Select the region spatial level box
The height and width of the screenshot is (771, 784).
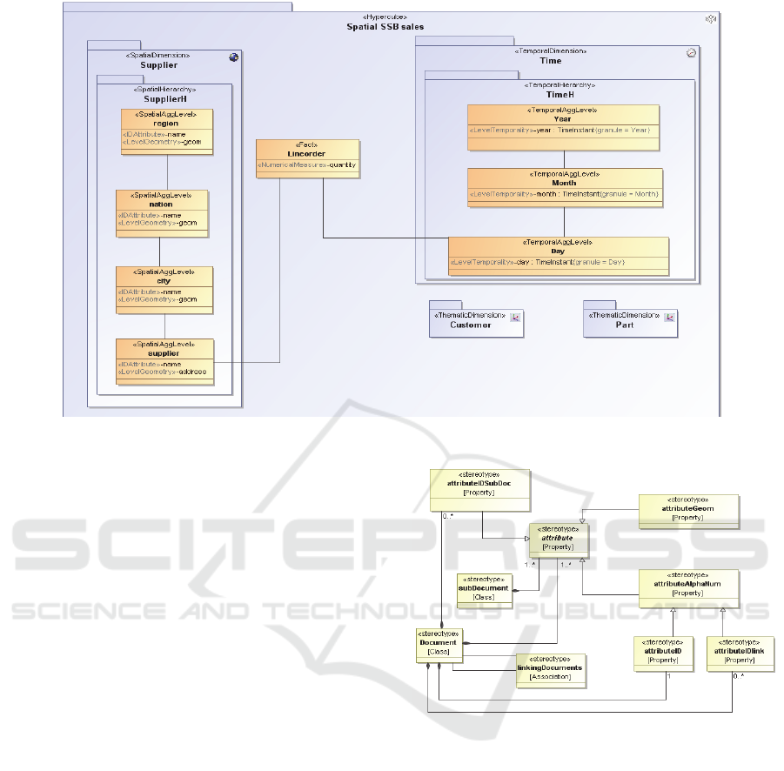pos(165,131)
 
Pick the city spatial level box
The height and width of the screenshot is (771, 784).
pos(165,289)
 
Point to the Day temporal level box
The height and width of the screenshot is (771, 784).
pos(558,256)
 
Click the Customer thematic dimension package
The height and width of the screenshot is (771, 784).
pos(470,320)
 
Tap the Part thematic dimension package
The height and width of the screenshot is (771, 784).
pos(624,320)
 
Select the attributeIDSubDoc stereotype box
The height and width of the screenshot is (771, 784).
pos(479,489)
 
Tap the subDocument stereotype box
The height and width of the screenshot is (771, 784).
pos(484,588)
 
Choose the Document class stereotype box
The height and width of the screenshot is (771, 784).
pos(438,643)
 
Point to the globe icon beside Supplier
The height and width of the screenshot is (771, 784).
pos(233,57)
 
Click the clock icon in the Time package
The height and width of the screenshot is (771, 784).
pos(691,52)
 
